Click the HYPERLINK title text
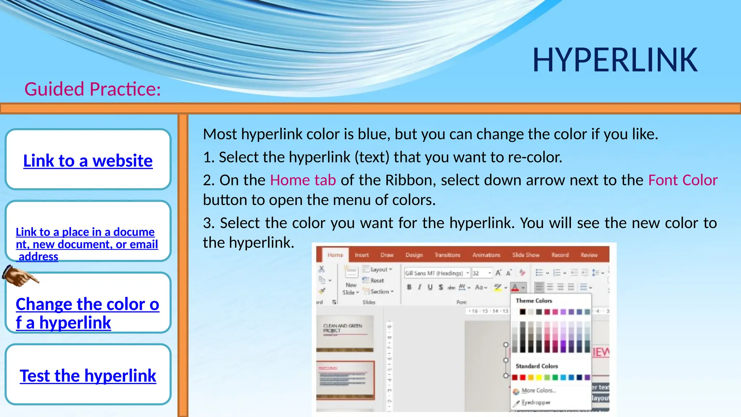[x=614, y=60]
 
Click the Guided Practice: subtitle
[x=92, y=89]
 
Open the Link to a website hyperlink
[x=88, y=161]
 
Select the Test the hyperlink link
[x=88, y=376]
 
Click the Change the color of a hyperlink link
[x=87, y=313]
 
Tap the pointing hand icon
[x=20, y=276]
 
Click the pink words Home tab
[x=303, y=180]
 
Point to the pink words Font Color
[x=682, y=180]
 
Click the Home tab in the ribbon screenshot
[x=335, y=255]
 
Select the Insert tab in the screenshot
[x=361, y=255]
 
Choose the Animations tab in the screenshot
[x=486, y=255]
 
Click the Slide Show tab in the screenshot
[x=525, y=255]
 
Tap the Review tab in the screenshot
[x=589, y=255]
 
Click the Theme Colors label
[x=534, y=301]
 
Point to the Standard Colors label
[x=537, y=366]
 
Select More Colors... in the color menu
[x=538, y=391]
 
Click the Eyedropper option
[x=535, y=403]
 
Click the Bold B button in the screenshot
[x=409, y=287]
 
